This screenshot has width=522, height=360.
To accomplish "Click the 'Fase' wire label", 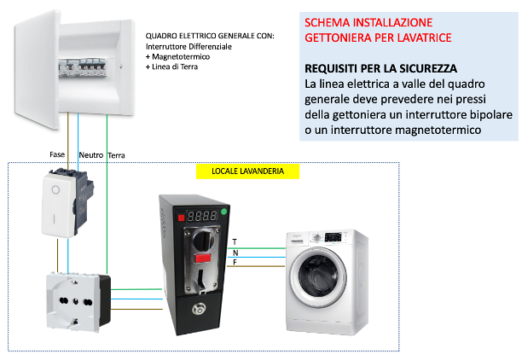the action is [57, 154].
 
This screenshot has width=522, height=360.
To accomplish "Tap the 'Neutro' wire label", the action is [91, 155].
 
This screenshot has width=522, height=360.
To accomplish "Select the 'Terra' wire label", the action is [116, 155].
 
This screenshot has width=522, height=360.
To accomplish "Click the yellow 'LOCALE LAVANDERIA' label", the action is [247, 171].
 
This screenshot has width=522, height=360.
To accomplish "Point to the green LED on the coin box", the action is [223, 212].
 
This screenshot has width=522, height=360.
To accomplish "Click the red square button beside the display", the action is [181, 218].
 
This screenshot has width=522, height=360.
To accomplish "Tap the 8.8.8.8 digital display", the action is [202, 216].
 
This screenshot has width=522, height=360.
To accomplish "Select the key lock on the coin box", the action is [199, 310].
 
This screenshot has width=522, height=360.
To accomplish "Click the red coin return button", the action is [203, 258].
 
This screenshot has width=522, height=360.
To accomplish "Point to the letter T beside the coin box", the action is [235, 242].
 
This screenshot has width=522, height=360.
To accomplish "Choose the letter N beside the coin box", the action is [235, 253].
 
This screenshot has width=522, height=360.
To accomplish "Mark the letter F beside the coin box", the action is [235, 263].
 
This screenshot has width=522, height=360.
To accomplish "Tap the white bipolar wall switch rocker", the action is [56, 206].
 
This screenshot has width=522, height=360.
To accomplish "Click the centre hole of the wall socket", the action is [76, 302].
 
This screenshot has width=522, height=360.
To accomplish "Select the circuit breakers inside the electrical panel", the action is [84, 67].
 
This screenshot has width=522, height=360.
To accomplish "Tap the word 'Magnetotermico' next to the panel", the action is [181, 56].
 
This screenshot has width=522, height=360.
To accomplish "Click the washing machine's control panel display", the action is [333, 237].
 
